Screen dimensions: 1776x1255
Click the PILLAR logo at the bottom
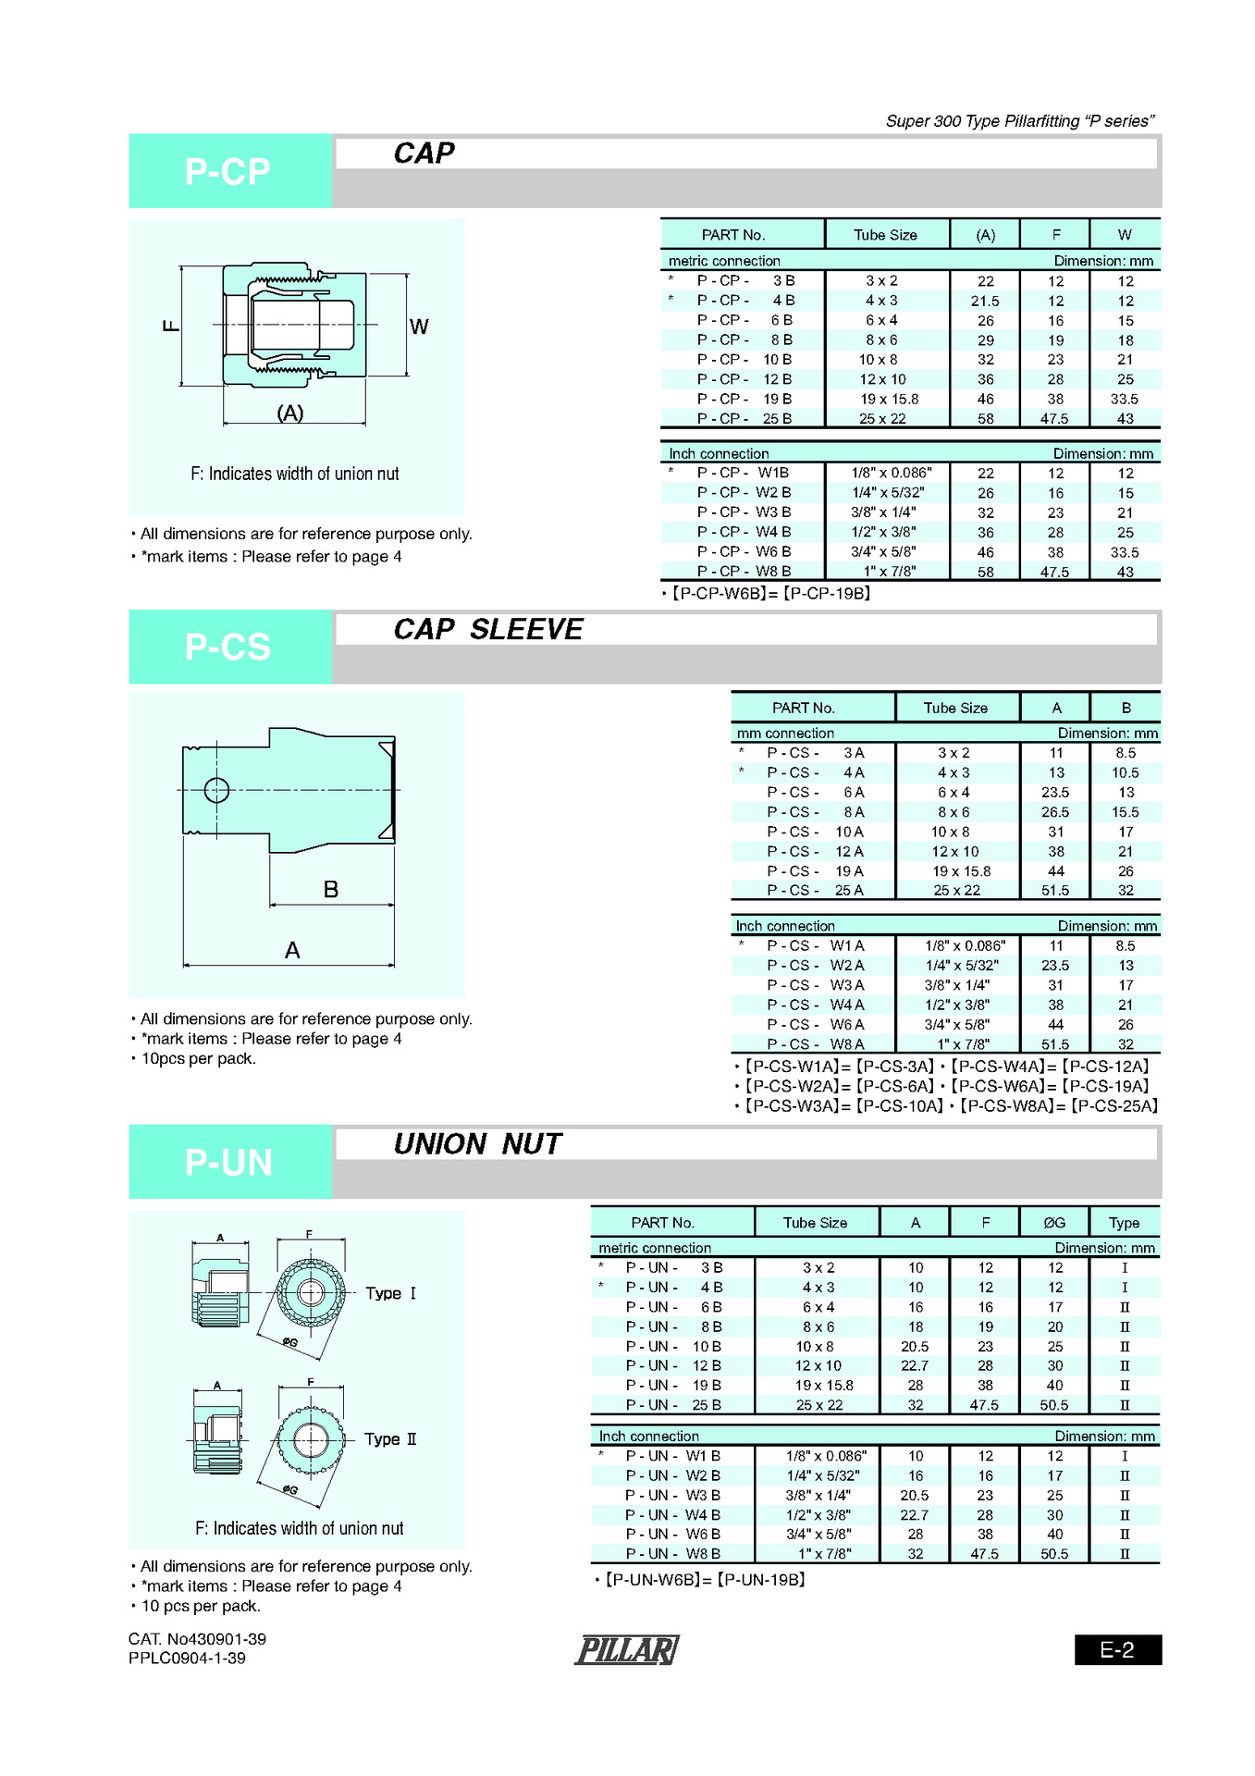627,1649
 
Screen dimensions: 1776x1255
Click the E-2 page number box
1117,1649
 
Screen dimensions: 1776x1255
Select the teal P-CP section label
228,171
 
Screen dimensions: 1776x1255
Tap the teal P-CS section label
228,647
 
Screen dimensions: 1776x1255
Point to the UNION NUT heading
477,1144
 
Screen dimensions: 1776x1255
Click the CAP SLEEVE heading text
488,629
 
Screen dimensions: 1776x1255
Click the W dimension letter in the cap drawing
419,327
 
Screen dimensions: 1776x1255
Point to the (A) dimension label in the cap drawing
290,413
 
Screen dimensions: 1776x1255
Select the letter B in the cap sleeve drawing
331,890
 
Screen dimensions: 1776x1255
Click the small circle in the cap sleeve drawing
216,791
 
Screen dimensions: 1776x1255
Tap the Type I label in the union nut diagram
390,1293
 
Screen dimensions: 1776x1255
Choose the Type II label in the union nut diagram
390,1439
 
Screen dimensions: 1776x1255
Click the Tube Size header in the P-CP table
885,235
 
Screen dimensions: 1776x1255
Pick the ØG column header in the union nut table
1054,1223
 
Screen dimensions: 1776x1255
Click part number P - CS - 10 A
815,832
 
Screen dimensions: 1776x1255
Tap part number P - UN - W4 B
672,1515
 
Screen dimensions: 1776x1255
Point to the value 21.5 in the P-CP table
985,302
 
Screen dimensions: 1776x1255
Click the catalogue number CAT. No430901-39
197,1639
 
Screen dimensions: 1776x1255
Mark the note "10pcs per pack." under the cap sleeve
198,1059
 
